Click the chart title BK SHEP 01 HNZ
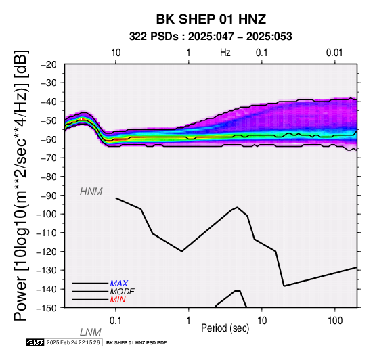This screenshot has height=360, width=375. pyautogui.click(x=211, y=19)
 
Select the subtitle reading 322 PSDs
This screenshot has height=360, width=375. pyautogui.click(x=154, y=37)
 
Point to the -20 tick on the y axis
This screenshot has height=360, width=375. pyautogui.click(x=49, y=64)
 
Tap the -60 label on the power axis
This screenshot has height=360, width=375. pyautogui.click(x=49, y=139)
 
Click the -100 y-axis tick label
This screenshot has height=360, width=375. pyautogui.click(x=47, y=214)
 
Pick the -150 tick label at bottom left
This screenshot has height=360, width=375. pyautogui.click(x=47, y=308)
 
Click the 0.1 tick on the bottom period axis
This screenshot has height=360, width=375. pyautogui.click(x=116, y=321)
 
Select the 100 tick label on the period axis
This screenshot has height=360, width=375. pyautogui.click(x=335, y=321)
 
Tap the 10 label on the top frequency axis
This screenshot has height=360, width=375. pyautogui.click(x=116, y=53)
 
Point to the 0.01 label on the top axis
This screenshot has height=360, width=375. pyautogui.click(x=334, y=53)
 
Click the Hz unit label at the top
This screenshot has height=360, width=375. pyautogui.click(x=225, y=53)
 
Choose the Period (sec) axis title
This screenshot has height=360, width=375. pyautogui.click(x=225, y=328)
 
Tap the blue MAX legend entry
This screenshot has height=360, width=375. pyautogui.click(x=119, y=284)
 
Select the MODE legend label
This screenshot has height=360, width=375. pyautogui.click(x=122, y=292)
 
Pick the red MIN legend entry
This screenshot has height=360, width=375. pyautogui.click(x=118, y=300)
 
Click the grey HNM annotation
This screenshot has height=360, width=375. pyautogui.click(x=91, y=192)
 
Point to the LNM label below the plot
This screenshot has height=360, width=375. pyautogui.click(x=91, y=332)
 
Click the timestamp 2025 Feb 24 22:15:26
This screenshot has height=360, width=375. pyautogui.click(x=73, y=342)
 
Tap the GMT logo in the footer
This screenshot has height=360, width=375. pyautogui.click(x=35, y=342)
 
